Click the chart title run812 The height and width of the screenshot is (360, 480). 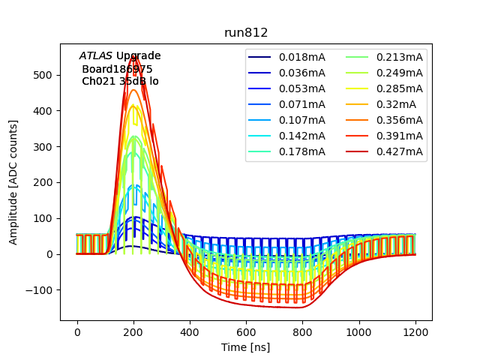coord(246,33)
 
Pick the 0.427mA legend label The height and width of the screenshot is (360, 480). coord(399,152)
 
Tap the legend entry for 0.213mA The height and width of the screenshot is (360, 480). coord(399,57)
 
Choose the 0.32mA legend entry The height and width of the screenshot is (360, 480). coord(394,104)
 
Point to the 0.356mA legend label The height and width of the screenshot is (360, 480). coord(399,120)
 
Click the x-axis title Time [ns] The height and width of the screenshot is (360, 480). coord(245,347)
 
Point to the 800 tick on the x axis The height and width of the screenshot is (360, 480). coord(303,331)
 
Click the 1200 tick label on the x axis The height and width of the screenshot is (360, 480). coord(415,331)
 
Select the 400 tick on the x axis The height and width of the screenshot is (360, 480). coord(190,331)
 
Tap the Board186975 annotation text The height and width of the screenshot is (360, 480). coord(117,69)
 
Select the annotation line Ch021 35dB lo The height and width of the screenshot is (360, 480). coord(120,81)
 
